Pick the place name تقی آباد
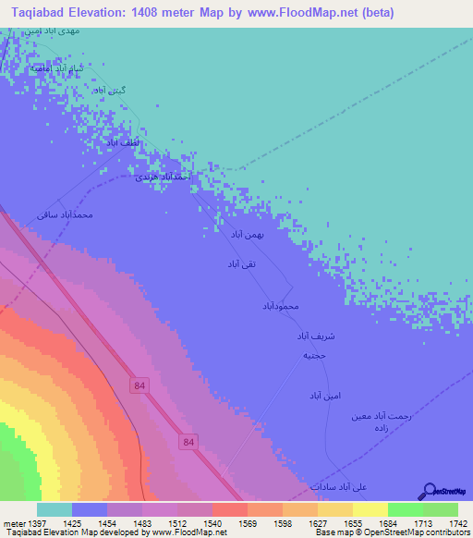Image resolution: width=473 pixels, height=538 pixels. (240, 264)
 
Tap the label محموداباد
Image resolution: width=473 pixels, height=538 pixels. (282, 305)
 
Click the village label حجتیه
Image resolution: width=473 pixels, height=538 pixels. (313, 355)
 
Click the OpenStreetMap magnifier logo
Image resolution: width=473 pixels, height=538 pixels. (428, 491)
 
